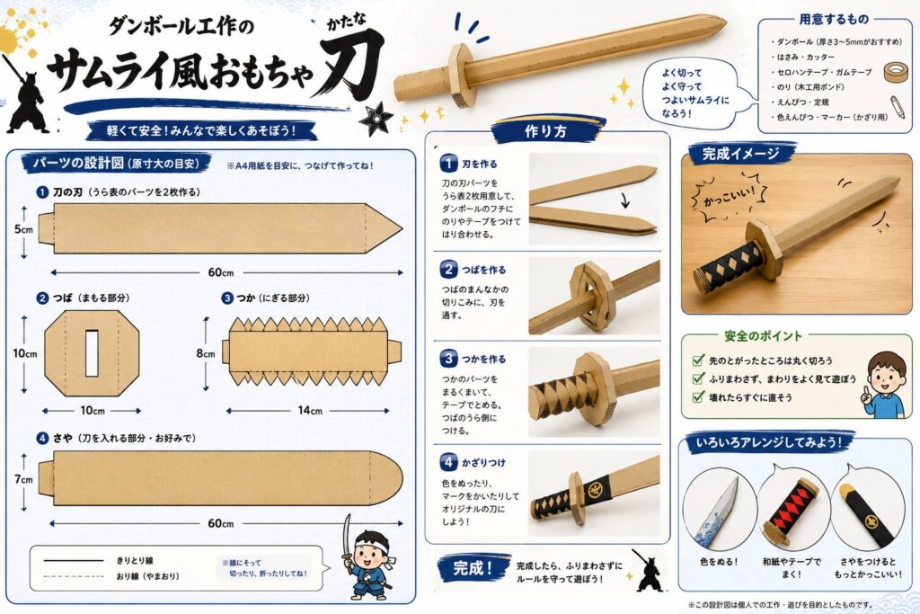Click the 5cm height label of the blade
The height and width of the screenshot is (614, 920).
pyautogui.click(x=23, y=229)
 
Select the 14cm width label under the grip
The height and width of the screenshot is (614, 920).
pyautogui.click(x=310, y=410)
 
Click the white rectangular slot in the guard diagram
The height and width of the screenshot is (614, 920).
pyautogui.click(x=93, y=352)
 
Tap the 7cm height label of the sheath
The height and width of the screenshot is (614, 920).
pyautogui.click(x=23, y=479)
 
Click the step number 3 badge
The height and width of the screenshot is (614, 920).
pyautogui.click(x=449, y=358)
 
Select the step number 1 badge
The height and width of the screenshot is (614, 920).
pyautogui.click(x=449, y=164)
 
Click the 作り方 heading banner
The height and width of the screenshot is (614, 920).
pyautogui.click(x=546, y=131)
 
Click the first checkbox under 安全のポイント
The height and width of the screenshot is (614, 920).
pyautogui.click(x=698, y=360)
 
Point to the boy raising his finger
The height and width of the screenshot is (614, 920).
pyautogui.click(x=884, y=385)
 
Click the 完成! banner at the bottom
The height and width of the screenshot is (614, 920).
pyautogui.click(x=473, y=568)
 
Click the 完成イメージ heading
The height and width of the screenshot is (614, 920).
pyautogui.click(x=741, y=154)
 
